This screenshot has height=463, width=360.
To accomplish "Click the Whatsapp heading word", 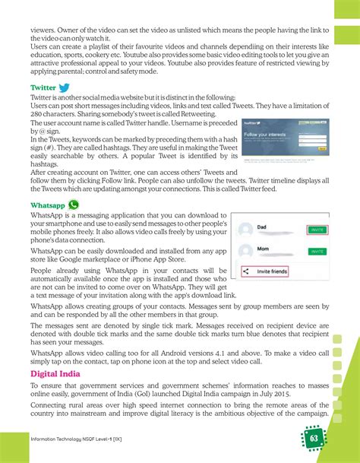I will [47, 205].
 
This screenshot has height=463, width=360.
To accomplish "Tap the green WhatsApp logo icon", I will [74, 205].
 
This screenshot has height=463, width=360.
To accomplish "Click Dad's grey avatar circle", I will [245, 230].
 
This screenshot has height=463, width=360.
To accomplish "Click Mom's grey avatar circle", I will [245, 252].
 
